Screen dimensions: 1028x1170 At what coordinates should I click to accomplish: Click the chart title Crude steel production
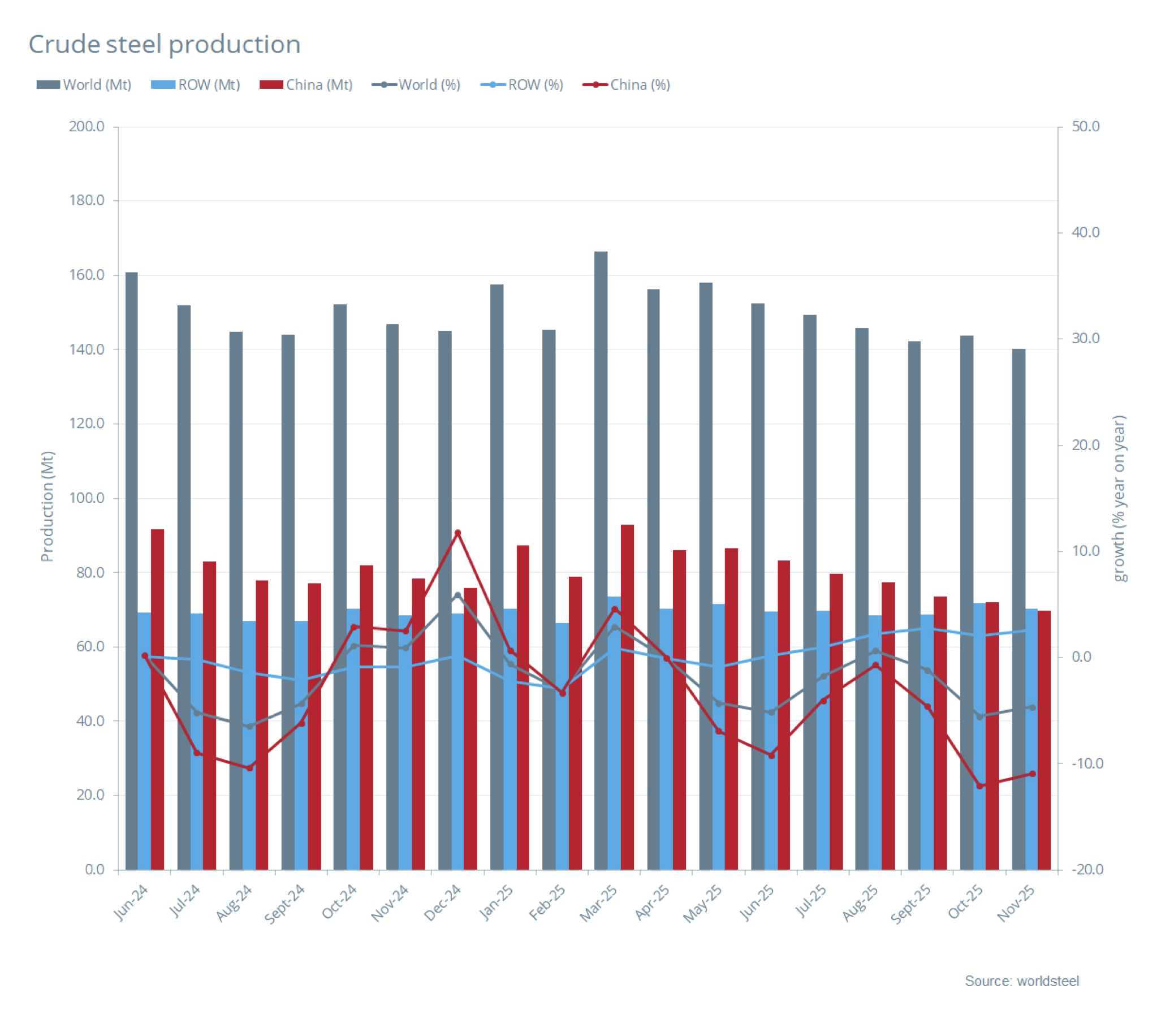(165, 44)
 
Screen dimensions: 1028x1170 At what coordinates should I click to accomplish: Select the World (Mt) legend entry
(84, 85)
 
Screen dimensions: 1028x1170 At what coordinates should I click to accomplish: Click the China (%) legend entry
(626, 85)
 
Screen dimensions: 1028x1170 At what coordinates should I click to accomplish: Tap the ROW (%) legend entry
(521, 85)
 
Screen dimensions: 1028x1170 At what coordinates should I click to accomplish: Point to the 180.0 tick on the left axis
(87, 200)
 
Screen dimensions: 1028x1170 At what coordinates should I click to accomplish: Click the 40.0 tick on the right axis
(1085, 232)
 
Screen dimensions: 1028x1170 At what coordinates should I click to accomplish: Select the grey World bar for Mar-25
(601, 561)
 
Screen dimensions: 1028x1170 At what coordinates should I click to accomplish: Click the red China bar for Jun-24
(157, 698)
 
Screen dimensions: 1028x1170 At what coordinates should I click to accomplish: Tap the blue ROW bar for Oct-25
(979, 738)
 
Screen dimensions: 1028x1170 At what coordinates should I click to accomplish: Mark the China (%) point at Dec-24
(457, 533)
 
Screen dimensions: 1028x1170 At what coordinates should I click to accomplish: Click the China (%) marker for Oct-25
(979, 786)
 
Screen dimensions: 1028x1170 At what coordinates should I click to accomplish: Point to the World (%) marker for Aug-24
(249, 727)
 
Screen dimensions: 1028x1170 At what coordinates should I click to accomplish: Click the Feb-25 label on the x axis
(547, 902)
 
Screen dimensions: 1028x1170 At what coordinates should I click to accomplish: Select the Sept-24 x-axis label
(284, 904)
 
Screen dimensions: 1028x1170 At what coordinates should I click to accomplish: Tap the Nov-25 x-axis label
(1016, 902)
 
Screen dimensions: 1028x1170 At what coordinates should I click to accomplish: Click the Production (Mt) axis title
(47, 506)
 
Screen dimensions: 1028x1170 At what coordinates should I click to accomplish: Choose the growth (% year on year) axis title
(1120, 498)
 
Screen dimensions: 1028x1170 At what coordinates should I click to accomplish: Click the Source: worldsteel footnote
(1021, 981)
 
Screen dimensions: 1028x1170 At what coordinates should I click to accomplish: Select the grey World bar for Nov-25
(1018, 610)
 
